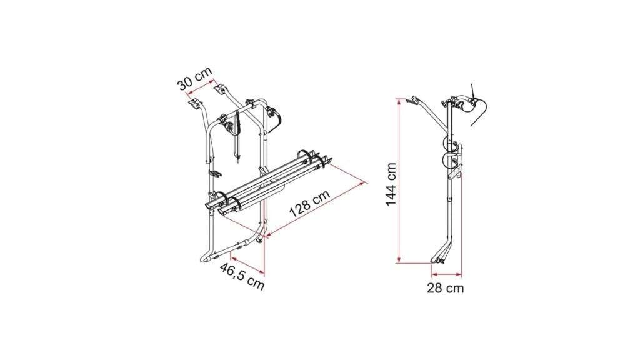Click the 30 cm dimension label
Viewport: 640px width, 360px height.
[195, 78]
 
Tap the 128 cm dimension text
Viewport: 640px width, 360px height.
[310, 203]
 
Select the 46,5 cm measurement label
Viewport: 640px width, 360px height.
[242, 276]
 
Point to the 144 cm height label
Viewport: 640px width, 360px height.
[391, 184]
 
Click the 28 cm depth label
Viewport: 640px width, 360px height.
[445, 288]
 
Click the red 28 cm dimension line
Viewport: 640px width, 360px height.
[446, 274]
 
